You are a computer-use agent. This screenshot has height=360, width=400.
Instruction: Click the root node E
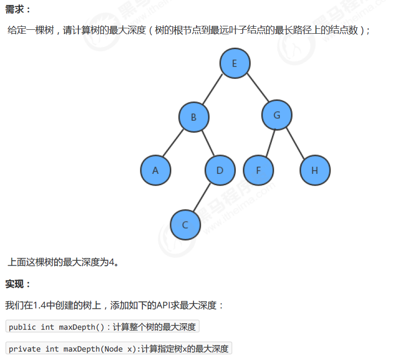(235, 63)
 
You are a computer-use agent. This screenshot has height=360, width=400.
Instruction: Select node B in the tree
(194, 117)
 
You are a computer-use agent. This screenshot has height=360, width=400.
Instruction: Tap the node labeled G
(277, 115)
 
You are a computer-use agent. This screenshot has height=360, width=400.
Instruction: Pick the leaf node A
(155, 170)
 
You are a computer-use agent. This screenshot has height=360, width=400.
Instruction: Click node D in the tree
(220, 170)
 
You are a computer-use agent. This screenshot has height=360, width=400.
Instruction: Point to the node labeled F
(258, 170)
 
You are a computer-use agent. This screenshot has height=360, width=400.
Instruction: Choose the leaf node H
(315, 170)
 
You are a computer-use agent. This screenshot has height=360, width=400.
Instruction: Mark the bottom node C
(185, 224)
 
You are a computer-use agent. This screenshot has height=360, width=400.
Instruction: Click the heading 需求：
(18, 9)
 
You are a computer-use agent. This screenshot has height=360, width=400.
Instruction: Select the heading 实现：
(18, 284)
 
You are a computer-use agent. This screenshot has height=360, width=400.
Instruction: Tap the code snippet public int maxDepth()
(57, 327)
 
